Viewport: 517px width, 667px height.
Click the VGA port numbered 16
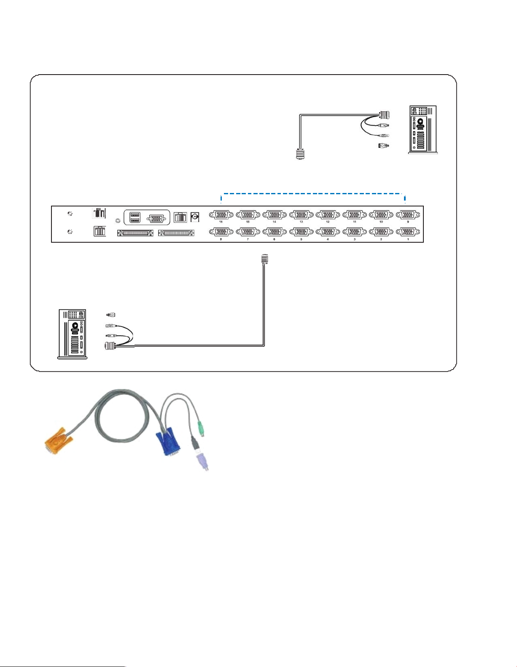click(221, 215)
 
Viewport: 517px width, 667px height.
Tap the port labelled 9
click(408, 215)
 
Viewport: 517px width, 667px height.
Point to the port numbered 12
click(328, 215)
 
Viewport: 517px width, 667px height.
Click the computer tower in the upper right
click(423, 129)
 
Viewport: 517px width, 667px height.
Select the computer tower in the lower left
click(72, 334)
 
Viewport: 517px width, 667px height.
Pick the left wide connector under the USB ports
click(136, 233)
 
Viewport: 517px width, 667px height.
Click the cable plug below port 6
click(264, 260)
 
